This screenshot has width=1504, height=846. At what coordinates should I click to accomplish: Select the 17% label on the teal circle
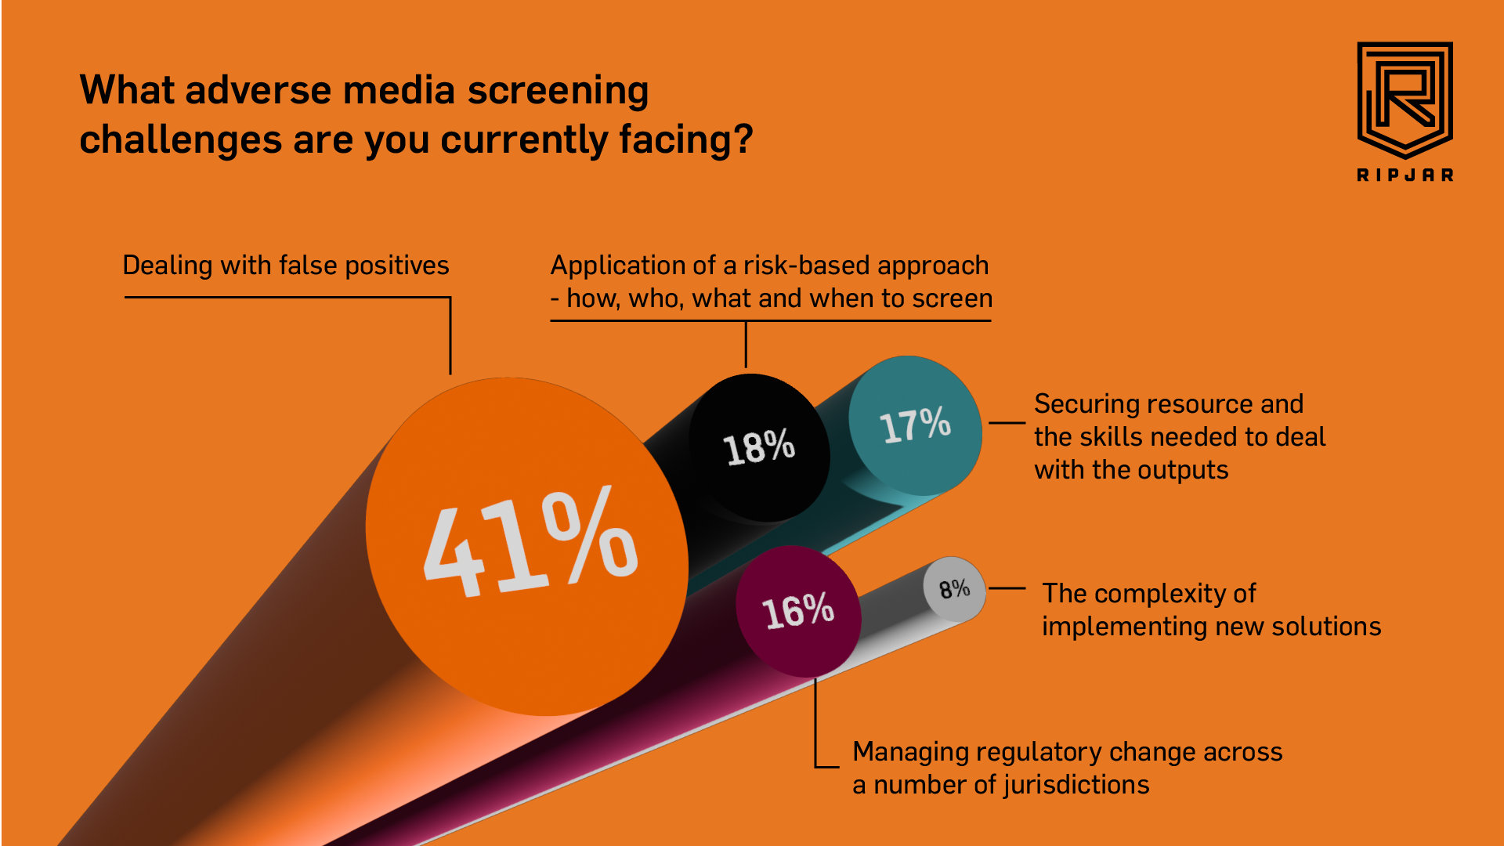point(915,425)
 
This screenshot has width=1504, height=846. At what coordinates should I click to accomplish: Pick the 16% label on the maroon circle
point(798,611)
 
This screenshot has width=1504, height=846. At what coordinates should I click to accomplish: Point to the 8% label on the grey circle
point(954,589)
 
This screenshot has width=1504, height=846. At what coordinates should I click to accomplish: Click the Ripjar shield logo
point(1405,98)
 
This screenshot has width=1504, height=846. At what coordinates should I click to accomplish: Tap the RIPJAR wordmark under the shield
point(1405,175)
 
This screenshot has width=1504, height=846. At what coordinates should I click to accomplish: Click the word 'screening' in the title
point(558,90)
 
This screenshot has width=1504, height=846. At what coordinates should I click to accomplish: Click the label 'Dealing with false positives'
point(286,266)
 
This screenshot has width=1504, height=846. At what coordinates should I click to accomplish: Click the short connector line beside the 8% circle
point(1007,588)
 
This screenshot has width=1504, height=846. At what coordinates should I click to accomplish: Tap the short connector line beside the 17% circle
point(1007,423)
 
